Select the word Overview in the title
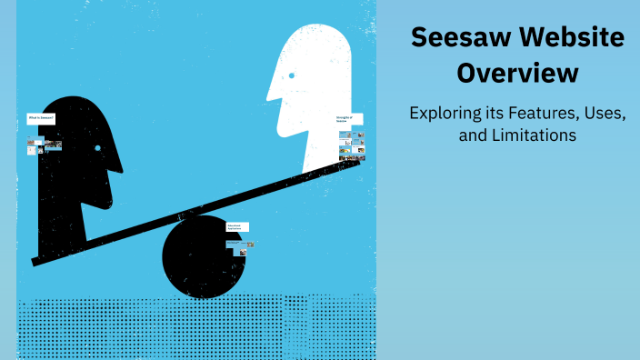point(516,73)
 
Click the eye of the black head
point(98,147)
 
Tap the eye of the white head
point(291,75)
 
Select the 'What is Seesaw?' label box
point(42,118)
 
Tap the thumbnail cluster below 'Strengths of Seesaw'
point(351,145)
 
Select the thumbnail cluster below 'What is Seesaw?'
point(44,145)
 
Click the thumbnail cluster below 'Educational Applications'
point(242,245)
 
